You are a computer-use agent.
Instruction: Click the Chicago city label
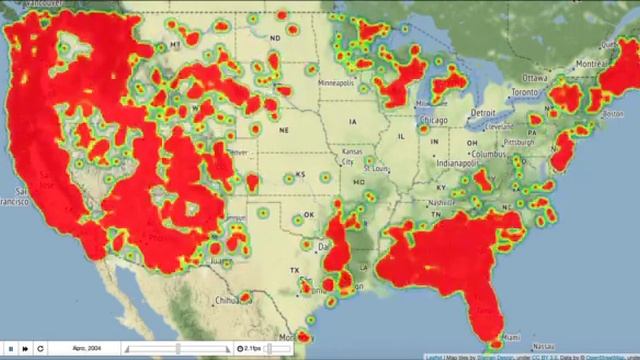[x=434, y=120]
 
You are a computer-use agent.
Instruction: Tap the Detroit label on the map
[x=486, y=111]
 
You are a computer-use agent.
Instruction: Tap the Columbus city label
[x=490, y=155]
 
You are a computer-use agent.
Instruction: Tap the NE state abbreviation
[x=285, y=130]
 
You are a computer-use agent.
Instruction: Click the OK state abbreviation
[x=309, y=214]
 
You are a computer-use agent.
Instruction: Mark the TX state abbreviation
[x=295, y=271]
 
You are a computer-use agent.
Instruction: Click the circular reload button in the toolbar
[x=40, y=348]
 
